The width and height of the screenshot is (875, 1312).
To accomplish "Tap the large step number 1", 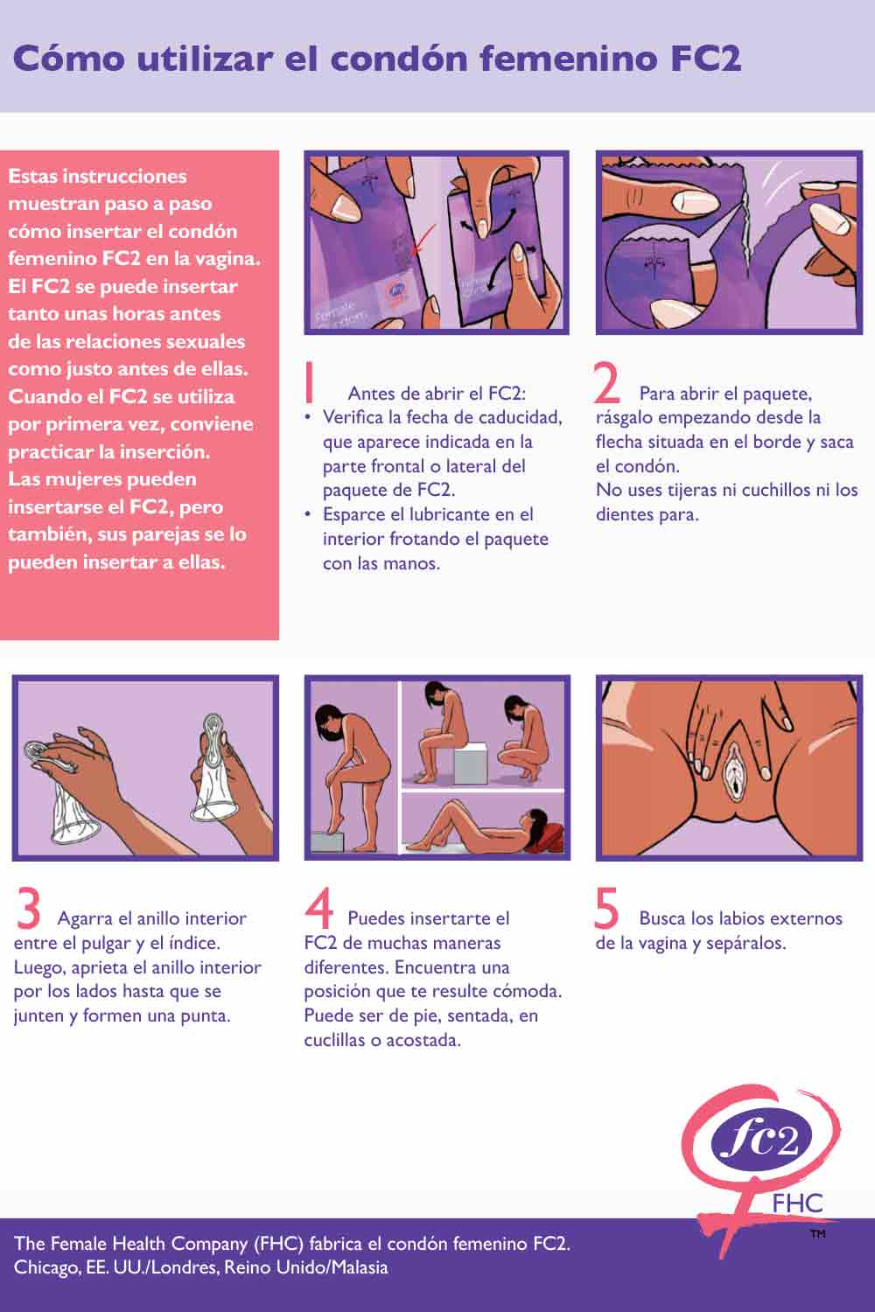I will (x=309, y=382).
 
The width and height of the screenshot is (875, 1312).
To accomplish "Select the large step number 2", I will (x=606, y=382).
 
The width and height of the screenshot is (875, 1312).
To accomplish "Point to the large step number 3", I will (x=29, y=909).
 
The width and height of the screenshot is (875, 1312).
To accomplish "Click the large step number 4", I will (x=319, y=909).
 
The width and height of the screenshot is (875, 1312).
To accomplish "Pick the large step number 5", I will (x=606, y=909).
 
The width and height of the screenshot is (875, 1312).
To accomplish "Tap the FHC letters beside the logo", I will (x=797, y=1204).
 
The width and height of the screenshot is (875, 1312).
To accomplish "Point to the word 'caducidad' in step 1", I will (x=520, y=417).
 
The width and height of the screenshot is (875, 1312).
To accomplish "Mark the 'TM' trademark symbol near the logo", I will (x=817, y=1234).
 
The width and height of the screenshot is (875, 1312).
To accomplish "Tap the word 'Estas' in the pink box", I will (x=33, y=176).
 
